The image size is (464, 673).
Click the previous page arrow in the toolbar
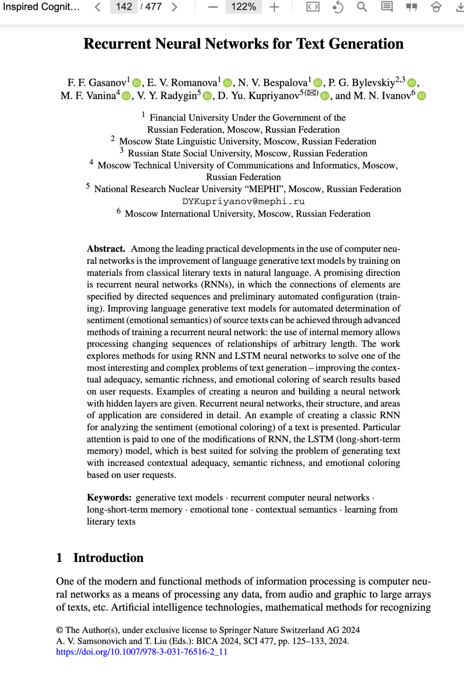pos(98,7)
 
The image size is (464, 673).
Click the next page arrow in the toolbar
pos(174,7)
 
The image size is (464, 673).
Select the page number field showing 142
pos(124,7)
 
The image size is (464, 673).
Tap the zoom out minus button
pos(213,7)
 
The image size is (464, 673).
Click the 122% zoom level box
pos(243,7)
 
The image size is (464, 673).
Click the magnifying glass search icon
pos(362,7)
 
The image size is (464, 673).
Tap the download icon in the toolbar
pos(459,7)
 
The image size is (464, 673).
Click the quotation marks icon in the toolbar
pos(412,7)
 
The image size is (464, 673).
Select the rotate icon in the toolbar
pos(338,7)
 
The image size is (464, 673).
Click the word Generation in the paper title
pos(366,44)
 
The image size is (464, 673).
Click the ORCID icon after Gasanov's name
pos(137,83)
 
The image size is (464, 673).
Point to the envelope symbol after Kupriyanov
pos(312,93)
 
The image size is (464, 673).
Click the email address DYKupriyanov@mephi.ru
pos(243,201)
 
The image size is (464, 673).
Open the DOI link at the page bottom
pos(142,652)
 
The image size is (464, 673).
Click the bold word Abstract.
pos(106,249)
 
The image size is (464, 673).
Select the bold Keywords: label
pos(109,498)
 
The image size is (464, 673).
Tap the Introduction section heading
pos(108,558)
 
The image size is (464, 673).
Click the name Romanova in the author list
pos(194,83)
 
